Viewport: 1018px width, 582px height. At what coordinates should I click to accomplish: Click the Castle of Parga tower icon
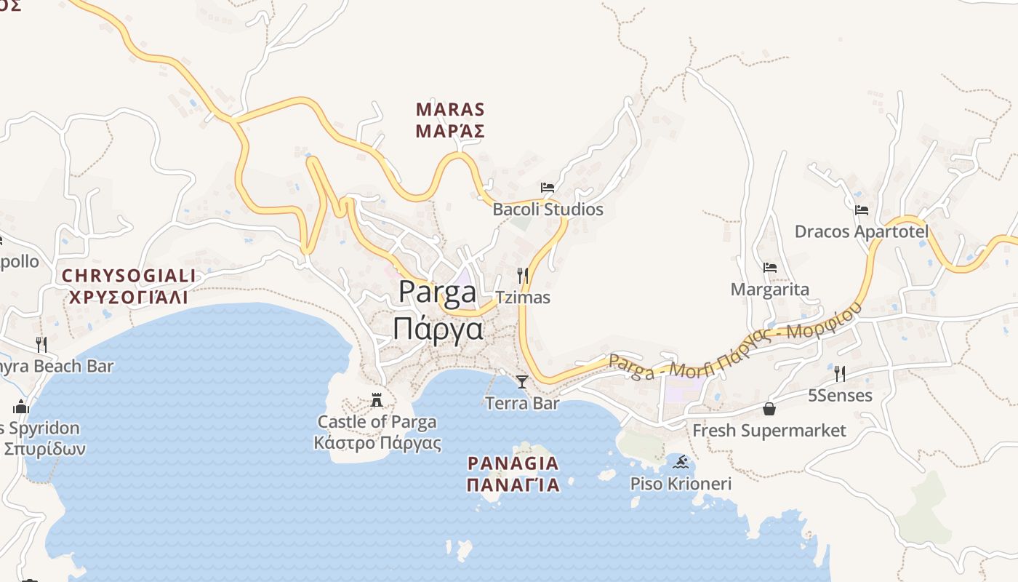coord(377,400)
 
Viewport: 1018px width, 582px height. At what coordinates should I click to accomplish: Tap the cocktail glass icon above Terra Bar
coord(522,381)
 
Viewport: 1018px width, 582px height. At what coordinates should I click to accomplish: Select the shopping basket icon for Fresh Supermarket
coord(769,409)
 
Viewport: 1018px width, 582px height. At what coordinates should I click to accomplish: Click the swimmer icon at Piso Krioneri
coord(681,462)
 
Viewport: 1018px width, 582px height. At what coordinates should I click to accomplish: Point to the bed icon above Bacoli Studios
coord(548,188)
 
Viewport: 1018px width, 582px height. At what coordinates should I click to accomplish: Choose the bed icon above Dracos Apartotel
coord(862,210)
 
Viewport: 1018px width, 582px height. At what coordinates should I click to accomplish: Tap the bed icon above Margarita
coord(770,268)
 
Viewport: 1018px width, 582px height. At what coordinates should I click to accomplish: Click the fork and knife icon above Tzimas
coord(522,275)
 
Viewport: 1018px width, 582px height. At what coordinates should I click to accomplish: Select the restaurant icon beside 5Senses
coord(840,374)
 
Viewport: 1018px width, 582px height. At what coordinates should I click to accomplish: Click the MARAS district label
coord(450,110)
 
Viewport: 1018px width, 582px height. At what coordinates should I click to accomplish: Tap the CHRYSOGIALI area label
coord(129,276)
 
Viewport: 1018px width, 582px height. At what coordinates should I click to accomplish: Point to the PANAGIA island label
coord(513,463)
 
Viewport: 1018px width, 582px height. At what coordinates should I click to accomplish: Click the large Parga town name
coord(438,292)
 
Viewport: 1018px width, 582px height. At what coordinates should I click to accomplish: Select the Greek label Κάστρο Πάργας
coord(377,443)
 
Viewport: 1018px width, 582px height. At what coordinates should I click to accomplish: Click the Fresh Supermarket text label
coord(769,431)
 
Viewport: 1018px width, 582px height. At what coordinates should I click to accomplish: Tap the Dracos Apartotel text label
coord(862,231)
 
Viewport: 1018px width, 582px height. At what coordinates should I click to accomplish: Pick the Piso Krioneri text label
coord(681,484)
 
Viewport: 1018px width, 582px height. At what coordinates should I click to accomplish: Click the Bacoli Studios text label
coord(548,210)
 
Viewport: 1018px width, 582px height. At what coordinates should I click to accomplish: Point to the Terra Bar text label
coord(522,403)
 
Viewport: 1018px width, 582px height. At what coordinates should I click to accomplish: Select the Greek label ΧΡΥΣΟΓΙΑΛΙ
coord(129,297)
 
